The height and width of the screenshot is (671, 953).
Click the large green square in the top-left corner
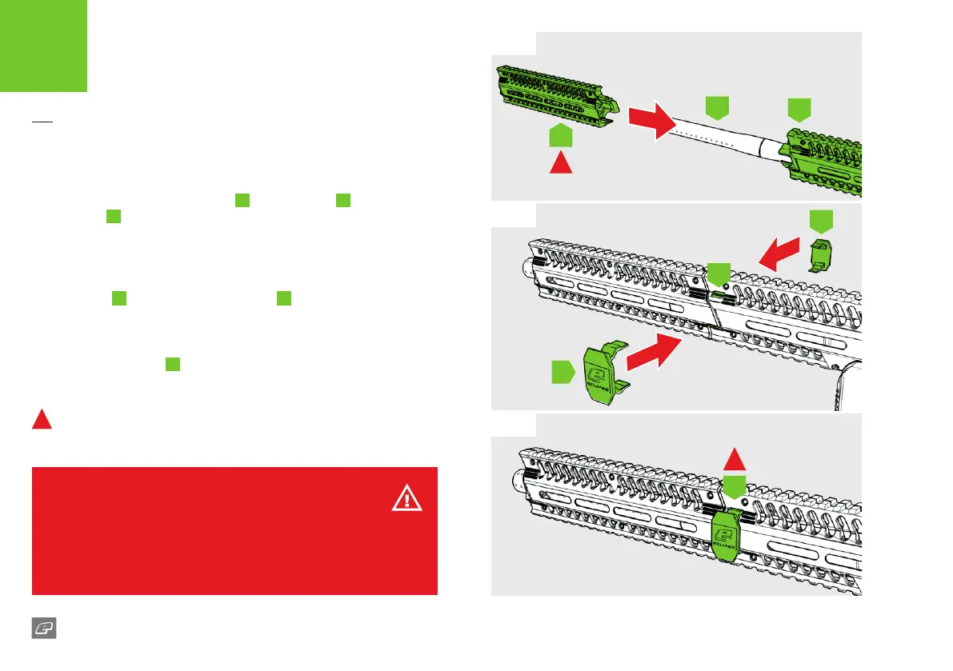(x=43, y=45)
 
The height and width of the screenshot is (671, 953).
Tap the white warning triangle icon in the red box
(x=407, y=500)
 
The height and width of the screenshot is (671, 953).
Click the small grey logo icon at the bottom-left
(x=44, y=629)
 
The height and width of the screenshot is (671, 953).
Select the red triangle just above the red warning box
(x=42, y=419)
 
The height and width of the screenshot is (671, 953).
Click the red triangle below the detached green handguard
(x=562, y=162)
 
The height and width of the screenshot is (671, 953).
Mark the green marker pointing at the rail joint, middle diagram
(x=719, y=273)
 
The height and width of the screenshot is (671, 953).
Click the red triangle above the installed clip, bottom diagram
(x=735, y=458)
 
